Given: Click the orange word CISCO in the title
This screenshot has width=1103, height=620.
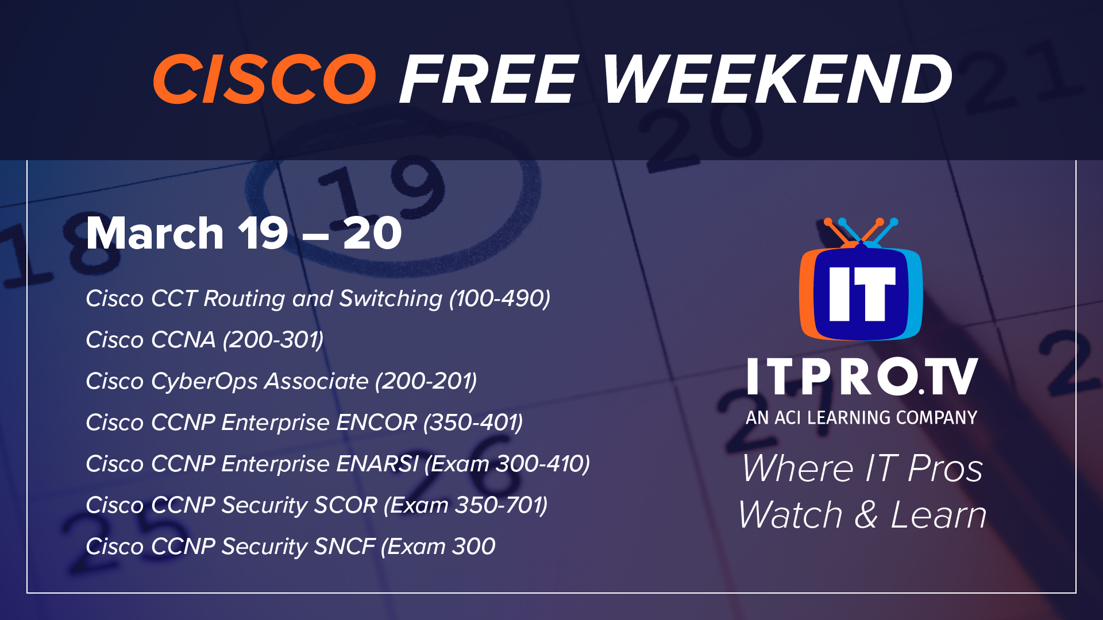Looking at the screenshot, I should (x=264, y=79).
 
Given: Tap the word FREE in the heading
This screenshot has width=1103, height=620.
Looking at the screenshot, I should (x=489, y=79).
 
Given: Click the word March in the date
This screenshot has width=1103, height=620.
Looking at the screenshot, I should (x=155, y=233).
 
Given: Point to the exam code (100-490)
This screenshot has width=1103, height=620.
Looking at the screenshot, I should (x=500, y=299).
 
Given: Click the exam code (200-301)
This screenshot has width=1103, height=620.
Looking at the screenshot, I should (x=273, y=340).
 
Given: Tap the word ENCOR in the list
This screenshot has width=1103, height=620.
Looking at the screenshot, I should (x=376, y=423).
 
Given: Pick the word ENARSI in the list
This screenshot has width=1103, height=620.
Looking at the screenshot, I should (x=377, y=464).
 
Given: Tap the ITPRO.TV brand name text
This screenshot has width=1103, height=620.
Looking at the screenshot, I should (x=862, y=377).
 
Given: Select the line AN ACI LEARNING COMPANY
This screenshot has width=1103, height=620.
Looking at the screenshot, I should (x=862, y=417).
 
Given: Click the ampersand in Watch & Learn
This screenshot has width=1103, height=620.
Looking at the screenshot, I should (x=866, y=514).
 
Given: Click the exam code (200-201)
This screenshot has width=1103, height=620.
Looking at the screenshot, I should (x=426, y=381).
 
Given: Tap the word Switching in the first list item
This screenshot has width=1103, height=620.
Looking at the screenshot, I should (x=391, y=299).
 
